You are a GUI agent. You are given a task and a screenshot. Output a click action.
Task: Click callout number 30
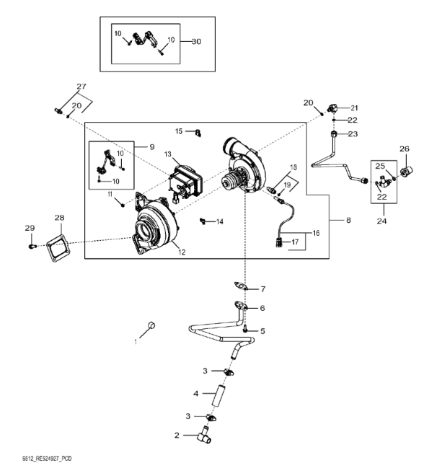pos(196,41)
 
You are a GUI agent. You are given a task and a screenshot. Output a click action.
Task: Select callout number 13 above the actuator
pos(167,155)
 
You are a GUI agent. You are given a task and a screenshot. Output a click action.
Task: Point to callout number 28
pos(59,217)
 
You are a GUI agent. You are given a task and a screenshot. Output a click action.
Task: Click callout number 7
pos(262,289)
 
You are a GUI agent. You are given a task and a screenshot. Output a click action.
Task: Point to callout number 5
pos(262,330)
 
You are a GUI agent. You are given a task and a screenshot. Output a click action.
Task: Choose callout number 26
pos(405,149)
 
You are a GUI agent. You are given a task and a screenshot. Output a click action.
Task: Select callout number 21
pos(354,107)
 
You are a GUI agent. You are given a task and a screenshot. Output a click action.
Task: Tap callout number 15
pos(180,131)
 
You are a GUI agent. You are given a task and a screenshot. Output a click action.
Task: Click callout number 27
pos(81,86)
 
